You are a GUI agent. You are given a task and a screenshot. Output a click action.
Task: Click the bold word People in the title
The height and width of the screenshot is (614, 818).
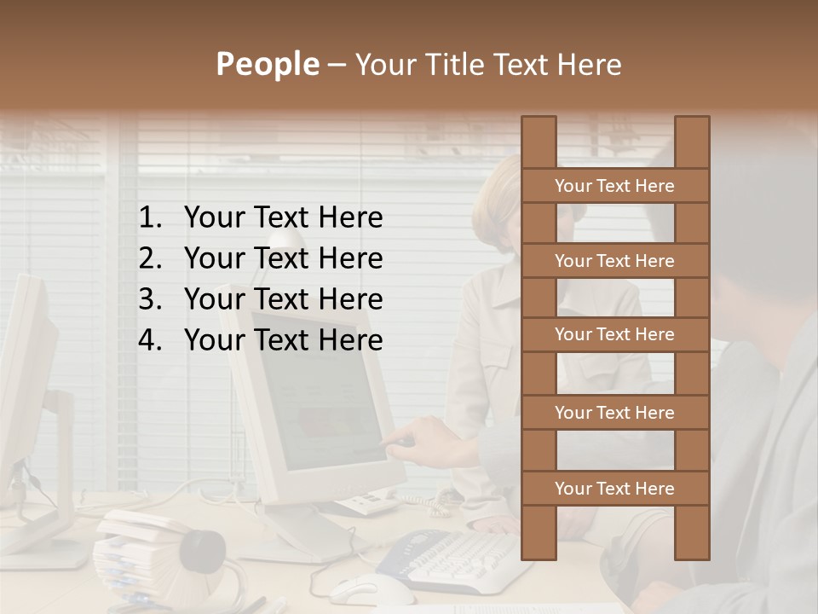click(x=266, y=65)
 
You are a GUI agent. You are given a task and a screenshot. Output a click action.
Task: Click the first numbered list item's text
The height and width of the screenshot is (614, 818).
click(x=283, y=218)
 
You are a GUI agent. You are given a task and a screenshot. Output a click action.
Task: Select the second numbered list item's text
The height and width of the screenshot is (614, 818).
click(x=283, y=258)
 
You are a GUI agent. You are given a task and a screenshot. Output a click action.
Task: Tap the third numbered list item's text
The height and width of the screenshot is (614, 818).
click(x=283, y=299)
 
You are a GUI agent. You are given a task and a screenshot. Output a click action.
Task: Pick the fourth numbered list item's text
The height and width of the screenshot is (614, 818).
click(x=283, y=340)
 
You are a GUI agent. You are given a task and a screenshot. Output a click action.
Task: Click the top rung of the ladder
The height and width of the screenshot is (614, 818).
click(x=614, y=186)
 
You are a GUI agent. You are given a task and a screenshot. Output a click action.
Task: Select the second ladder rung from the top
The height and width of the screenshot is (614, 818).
click(x=614, y=261)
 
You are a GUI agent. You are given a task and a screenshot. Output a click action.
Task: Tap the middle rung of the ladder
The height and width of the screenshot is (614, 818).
click(x=614, y=334)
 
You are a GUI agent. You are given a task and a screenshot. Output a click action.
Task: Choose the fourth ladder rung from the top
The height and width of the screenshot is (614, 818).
click(x=614, y=413)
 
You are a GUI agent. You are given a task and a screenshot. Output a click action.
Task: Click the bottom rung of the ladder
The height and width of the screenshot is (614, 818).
click(x=614, y=489)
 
